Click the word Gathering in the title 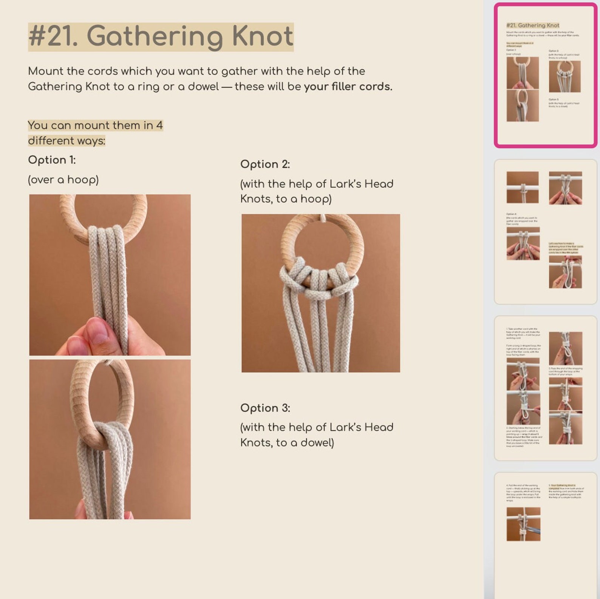(155, 37)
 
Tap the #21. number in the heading (53, 37)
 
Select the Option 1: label (52, 160)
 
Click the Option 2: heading (265, 164)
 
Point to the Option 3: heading (265, 408)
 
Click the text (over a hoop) (63, 180)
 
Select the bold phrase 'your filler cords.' (348, 87)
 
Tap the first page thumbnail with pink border (545, 75)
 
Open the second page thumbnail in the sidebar (545, 231)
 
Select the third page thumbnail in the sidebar (545, 388)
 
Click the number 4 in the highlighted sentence (159, 125)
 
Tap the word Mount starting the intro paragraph (45, 71)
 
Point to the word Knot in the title (262, 37)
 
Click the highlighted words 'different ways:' (66, 141)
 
